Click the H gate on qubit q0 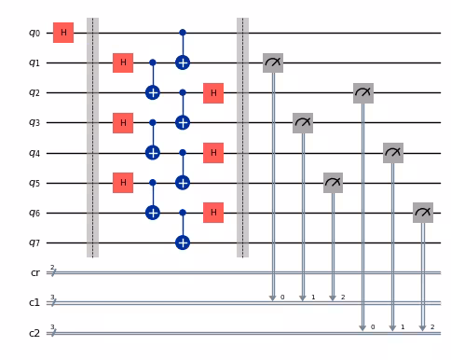63,33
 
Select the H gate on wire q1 123,62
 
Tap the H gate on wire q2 213,92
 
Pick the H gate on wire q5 123,183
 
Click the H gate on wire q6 213,213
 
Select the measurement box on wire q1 273,62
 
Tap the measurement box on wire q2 363,92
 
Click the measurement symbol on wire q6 423,213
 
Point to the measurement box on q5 333,183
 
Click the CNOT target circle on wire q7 183,242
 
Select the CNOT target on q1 183,62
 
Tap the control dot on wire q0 183,33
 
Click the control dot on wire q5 153,183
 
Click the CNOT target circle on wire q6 153,213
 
